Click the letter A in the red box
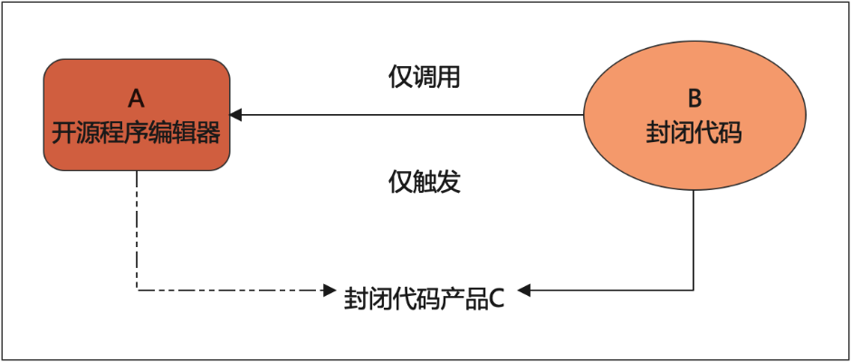[x=136, y=99]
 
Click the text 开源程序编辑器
[x=136, y=134]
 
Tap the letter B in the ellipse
[x=694, y=99]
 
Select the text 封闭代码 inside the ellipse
[x=694, y=133]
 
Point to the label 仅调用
[x=425, y=78]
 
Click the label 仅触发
[x=425, y=183]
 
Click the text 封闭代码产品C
[x=425, y=299]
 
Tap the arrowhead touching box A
[x=235, y=115]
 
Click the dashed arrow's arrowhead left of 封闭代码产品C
[x=330, y=291]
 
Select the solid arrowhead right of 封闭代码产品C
[x=523, y=291]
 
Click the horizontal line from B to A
[x=406, y=115]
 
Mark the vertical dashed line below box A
[x=137, y=231]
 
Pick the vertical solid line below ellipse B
[x=694, y=240]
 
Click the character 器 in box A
[x=209, y=134]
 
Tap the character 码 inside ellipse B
[x=731, y=133]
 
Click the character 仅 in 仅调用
[x=400, y=78]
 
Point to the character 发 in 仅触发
[x=449, y=183]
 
